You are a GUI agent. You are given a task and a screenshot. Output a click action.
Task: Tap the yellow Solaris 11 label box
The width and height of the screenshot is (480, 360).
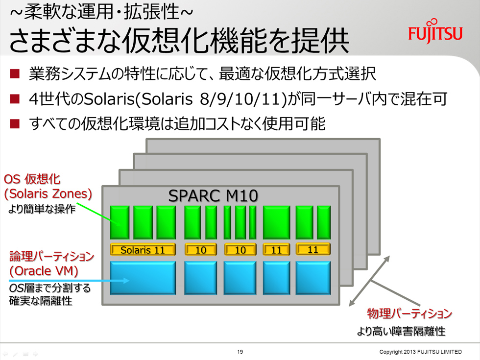coord(143,249)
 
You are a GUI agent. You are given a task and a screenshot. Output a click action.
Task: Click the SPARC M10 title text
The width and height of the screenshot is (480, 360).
coord(213,196)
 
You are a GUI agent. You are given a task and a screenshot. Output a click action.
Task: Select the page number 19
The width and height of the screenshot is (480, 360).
coord(240,352)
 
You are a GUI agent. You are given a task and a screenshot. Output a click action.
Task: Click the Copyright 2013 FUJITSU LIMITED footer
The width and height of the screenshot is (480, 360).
coord(420,352)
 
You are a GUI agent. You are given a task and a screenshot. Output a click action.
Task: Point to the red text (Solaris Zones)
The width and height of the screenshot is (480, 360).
coord(48,194)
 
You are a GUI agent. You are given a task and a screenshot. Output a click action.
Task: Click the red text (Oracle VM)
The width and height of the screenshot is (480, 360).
coord(44,271)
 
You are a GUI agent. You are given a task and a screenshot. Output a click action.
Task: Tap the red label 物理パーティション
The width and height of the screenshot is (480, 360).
coord(409,313)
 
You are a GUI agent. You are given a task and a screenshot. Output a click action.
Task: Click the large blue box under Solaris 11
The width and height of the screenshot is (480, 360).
coord(143,278)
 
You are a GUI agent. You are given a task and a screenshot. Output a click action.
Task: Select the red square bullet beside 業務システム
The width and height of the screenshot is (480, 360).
coord(15,74)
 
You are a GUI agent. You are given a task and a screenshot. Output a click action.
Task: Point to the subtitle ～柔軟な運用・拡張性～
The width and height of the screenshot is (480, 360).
coord(101,12)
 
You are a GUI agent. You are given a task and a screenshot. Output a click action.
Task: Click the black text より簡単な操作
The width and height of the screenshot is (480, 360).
coord(42,209)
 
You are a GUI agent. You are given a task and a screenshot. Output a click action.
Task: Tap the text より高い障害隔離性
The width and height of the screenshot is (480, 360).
coord(401,331)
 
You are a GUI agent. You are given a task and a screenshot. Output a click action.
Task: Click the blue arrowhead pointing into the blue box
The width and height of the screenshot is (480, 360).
coord(126,280)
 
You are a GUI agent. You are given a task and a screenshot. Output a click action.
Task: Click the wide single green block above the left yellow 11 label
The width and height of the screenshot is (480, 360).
coord(276,222)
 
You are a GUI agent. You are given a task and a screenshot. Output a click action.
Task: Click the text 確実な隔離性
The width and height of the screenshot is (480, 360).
coord(40,301)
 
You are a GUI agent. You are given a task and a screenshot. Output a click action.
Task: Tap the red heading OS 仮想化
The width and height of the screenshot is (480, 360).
coord(32,179)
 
